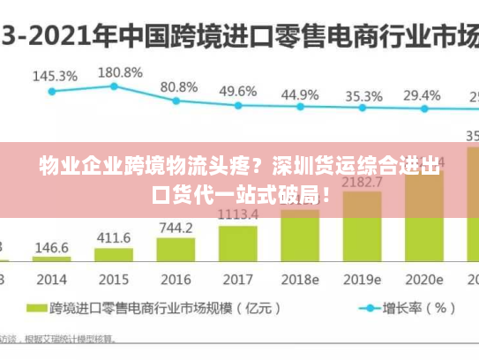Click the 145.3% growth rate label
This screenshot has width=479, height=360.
55,76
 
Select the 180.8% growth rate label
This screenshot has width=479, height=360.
120,71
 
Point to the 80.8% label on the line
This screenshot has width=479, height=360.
179,86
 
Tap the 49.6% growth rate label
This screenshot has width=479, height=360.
238,91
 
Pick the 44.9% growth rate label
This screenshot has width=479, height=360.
300,94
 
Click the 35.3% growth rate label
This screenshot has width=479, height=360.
363,95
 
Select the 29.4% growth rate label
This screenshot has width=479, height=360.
422,94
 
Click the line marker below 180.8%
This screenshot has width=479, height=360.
114,86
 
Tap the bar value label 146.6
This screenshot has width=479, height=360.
52,248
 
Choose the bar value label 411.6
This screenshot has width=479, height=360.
114,238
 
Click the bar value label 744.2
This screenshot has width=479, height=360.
176,228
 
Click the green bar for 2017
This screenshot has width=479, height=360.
238,244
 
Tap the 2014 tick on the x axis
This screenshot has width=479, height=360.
52,279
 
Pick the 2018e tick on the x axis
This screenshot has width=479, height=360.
300,279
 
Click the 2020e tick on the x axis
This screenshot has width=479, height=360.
423,279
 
